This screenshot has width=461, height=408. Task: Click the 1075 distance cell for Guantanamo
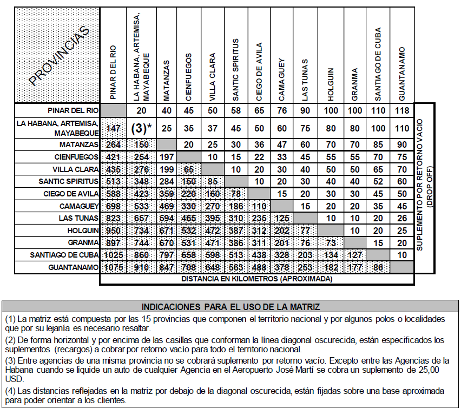114,267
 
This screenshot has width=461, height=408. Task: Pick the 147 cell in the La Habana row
114,128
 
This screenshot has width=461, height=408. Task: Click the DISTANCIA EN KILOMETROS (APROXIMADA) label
257,279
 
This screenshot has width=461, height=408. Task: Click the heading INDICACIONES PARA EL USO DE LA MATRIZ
230,307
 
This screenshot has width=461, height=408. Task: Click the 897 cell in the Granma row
114,243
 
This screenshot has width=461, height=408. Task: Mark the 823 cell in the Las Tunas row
114,219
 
